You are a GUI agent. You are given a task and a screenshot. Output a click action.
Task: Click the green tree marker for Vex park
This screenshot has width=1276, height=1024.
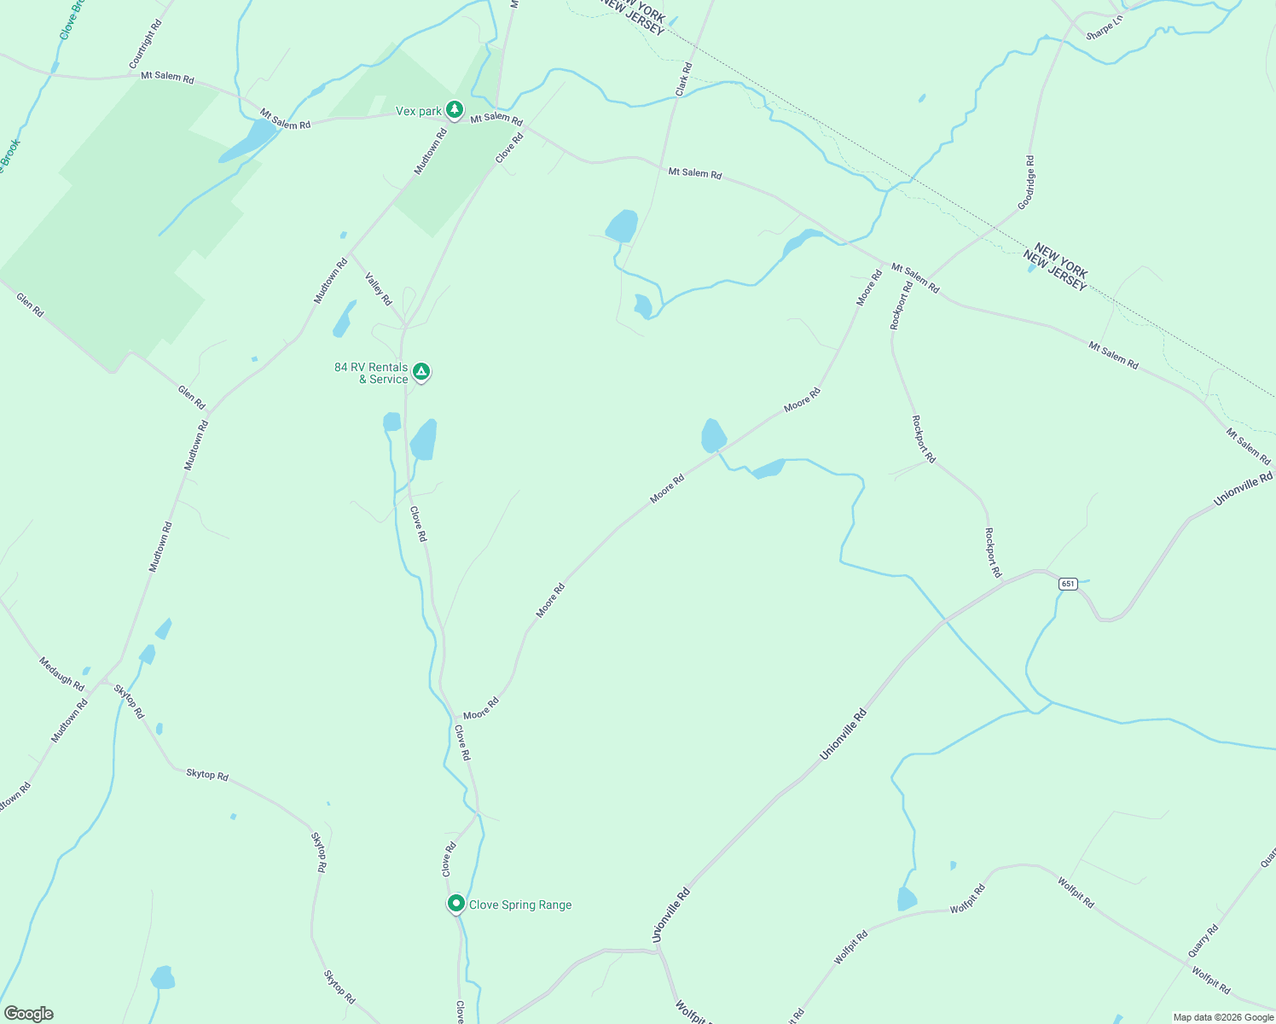(455, 110)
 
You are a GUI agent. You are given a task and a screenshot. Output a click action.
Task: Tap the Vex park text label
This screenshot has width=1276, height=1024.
(419, 111)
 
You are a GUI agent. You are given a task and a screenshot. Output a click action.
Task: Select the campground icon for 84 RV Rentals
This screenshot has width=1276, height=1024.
(420, 372)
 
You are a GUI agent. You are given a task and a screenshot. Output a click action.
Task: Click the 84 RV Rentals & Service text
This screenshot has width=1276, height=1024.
(372, 373)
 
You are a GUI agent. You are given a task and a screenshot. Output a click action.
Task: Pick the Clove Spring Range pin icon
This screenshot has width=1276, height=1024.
(456, 904)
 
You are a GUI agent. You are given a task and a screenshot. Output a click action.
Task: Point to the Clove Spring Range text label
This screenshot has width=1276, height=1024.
(520, 905)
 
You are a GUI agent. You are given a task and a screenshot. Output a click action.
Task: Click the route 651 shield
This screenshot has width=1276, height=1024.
(1068, 584)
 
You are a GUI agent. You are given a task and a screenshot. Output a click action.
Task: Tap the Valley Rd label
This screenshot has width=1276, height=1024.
(378, 288)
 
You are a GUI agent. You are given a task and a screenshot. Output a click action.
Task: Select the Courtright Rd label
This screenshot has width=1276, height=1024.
(145, 45)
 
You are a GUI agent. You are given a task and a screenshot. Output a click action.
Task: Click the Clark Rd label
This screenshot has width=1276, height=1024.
(683, 79)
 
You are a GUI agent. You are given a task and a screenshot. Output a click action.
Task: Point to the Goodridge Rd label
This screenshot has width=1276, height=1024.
(1026, 182)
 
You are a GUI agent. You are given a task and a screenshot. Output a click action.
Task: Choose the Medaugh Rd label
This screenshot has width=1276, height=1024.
(61, 673)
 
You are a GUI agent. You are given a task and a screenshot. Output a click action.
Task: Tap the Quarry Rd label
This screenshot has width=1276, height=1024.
(1203, 940)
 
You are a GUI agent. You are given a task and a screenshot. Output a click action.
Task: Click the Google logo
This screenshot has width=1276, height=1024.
(29, 1014)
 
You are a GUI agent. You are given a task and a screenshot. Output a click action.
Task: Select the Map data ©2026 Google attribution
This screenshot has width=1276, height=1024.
(1222, 1017)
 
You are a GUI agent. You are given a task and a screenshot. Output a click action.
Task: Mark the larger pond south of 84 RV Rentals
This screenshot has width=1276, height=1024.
(424, 440)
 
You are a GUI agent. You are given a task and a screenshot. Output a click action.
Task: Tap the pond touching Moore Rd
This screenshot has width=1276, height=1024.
(712, 435)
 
